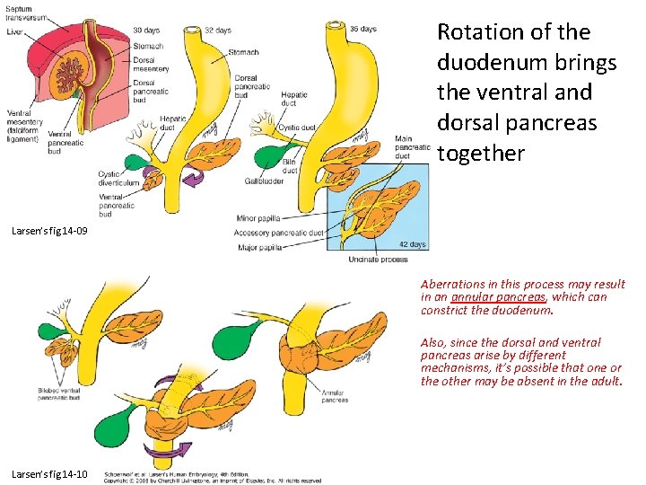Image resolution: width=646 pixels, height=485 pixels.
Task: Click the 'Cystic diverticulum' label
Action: (x=119, y=178)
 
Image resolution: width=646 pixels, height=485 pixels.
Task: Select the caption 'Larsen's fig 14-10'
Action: (x=49, y=473)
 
